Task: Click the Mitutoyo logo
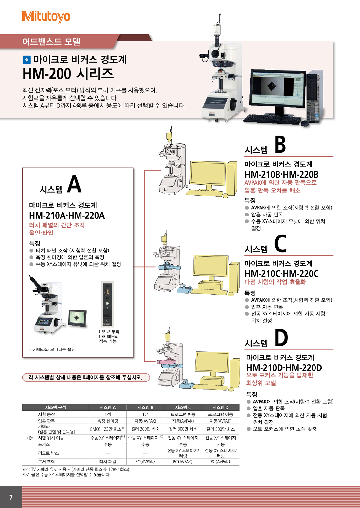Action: (46, 16)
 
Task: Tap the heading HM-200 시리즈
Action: (68, 73)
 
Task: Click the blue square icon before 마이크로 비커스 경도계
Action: (26, 60)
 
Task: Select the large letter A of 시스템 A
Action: (74, 184)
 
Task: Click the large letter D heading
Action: (281, 338)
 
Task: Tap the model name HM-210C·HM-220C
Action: (281, 273)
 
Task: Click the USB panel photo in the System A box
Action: (107, 304)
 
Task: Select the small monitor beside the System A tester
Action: (78, 318)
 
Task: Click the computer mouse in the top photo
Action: (305, 123)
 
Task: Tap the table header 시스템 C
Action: (183, 407)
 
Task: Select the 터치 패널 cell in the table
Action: (108, 462)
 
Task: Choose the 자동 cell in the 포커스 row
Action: (220, 444)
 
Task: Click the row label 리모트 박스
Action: (48, 453)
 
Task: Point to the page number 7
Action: (11, 497)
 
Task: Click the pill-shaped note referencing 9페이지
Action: (86, 377)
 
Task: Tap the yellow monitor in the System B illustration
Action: (208, 174)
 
